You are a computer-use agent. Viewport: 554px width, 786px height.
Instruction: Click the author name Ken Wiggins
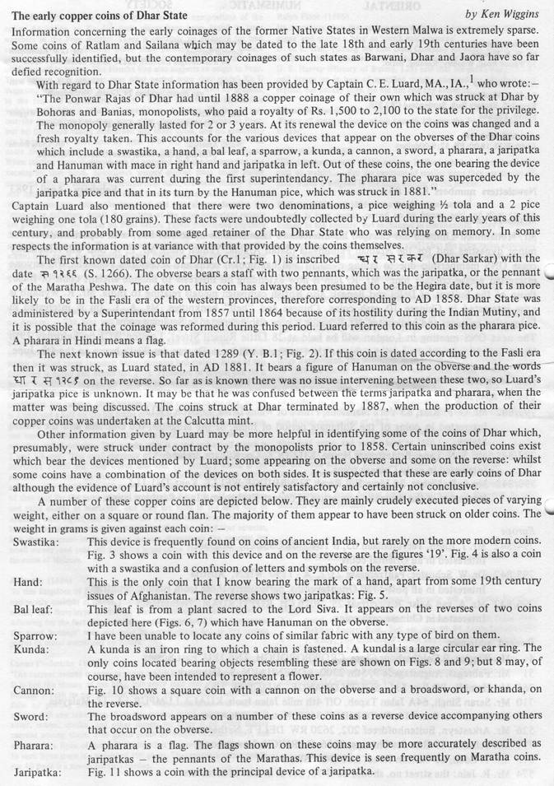(513, 16)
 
